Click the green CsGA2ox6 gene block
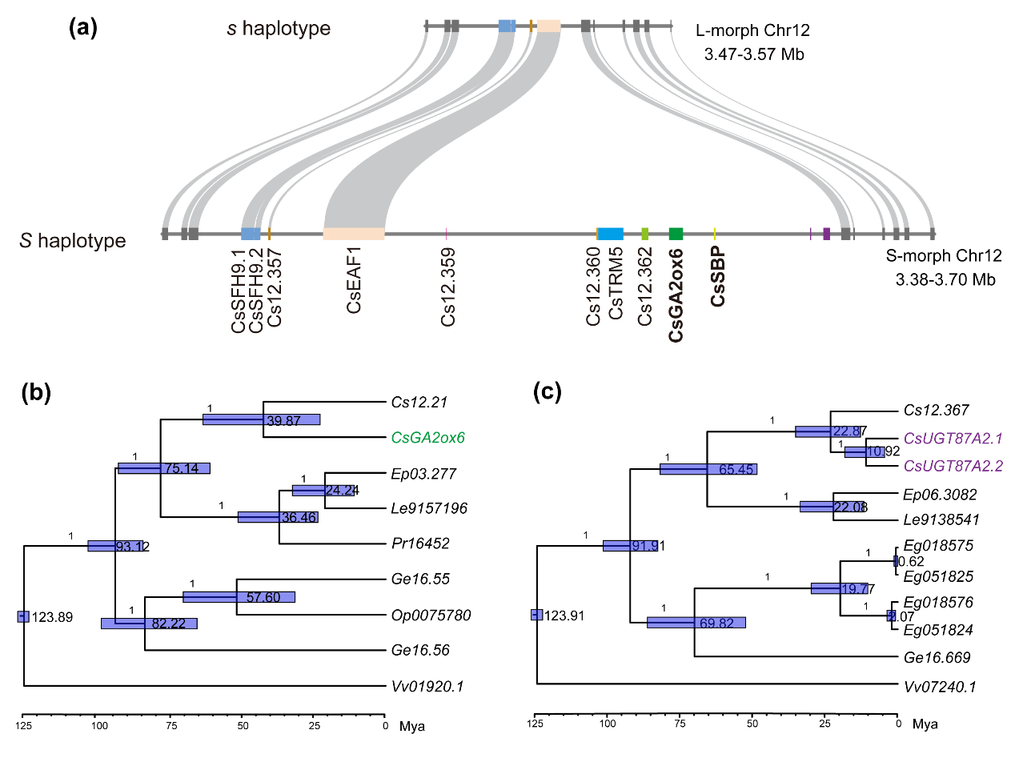coord(676,234)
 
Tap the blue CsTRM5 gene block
coord(611,234)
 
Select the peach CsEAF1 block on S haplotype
coord(354,234)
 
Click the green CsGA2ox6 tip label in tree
coord(428,438)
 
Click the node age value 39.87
coord(281,420)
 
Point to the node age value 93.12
coord(132,547)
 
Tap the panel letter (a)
coord(83,29)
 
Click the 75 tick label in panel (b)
coord(171,727)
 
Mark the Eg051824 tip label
coord(938,630)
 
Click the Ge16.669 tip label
coord(937,657)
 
